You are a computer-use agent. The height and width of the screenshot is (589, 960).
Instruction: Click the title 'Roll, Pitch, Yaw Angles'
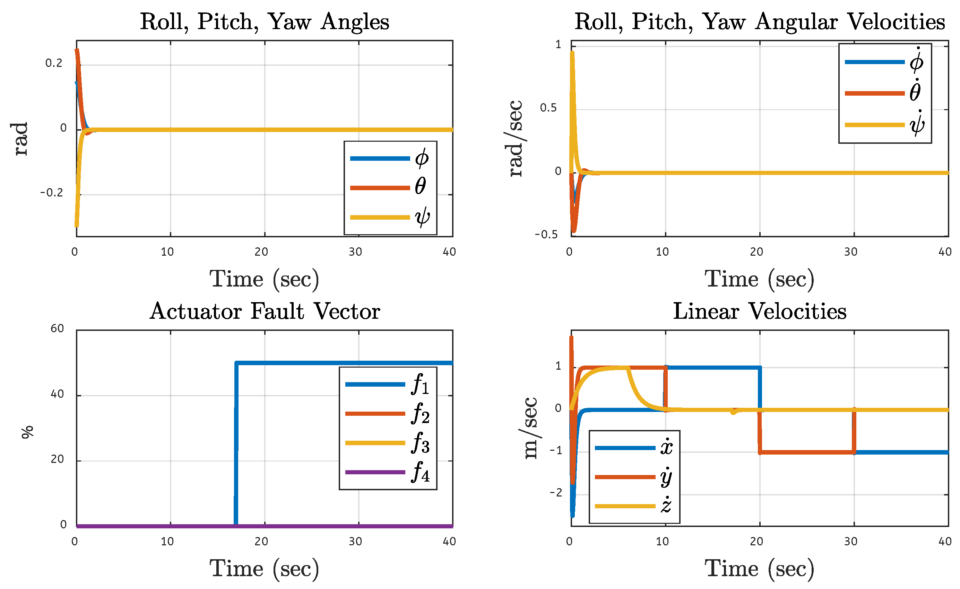[264, 21]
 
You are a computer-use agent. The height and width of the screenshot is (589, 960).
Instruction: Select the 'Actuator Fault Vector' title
[264, 311]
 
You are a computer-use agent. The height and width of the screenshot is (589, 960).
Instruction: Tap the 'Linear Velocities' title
[759, 311]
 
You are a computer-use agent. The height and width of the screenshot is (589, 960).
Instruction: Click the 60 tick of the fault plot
[57, 328]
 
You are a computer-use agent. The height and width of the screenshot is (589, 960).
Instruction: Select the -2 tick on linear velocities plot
[555, 493]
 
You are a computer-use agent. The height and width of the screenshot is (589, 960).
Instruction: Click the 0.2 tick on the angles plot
[54, 63]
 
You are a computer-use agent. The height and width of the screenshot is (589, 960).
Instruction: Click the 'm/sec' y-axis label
[530, 428]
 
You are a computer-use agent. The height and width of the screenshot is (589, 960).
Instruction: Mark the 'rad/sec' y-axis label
[515, 138]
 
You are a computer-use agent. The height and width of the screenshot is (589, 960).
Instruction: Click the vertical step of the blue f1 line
[236, 444]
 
